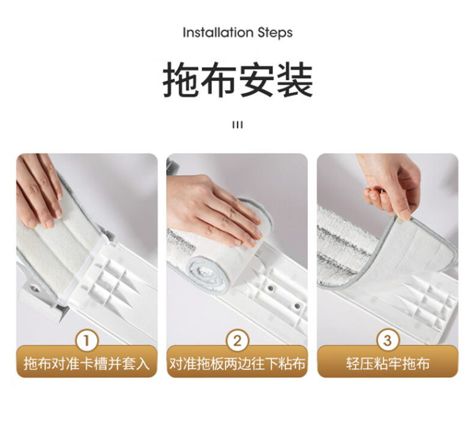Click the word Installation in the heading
coord(218,32)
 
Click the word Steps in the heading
coord(275,33)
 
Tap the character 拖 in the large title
coord(181,80)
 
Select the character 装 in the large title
coord(295,80)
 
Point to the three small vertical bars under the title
coord(238,125)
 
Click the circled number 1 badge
coord(87,341)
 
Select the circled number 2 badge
coord(238,341)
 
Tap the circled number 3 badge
coord(388,341)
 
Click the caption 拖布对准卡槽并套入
coord(87,363)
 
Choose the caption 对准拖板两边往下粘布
coord(238,363)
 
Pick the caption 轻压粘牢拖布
coord(388,363)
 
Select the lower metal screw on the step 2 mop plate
coord(297,305)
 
